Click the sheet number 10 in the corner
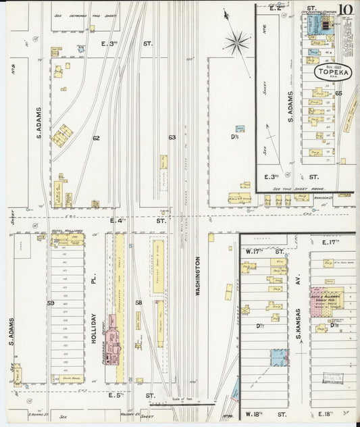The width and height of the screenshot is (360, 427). pos(346,9)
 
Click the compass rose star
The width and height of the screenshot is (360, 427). pos(237,43)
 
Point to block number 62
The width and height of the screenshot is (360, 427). pos(96,138)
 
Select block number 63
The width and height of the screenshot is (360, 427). pos(172,138)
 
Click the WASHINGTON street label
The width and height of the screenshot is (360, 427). pos(198,277)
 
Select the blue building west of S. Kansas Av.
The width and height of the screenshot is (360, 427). pos(277,357)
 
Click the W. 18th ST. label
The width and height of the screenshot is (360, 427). pos(257,412)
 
